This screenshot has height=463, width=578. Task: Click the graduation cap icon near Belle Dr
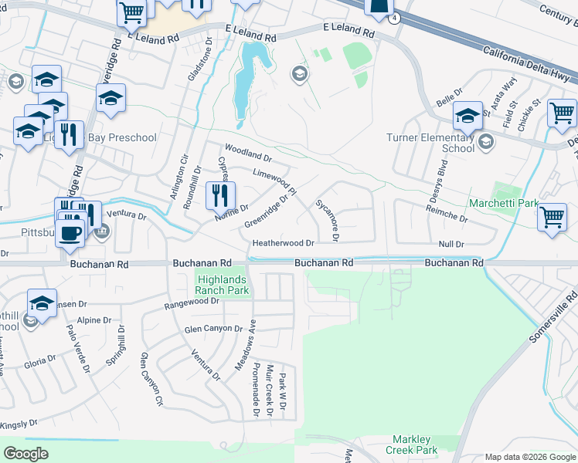click(x=467, y=116)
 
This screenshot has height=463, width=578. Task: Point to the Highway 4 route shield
click(x=395, y=18)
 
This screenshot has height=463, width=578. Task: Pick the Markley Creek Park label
click(x=414, y=444)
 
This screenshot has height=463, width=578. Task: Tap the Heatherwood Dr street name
click(x=284, y=242)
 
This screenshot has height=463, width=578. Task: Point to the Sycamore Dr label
click(x=326, y=218)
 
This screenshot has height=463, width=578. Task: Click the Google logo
click(x=26, y=453)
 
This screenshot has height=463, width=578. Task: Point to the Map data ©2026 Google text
click(x=529, y=457)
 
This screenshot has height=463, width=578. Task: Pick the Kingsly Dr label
click(x=19, y=424)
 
